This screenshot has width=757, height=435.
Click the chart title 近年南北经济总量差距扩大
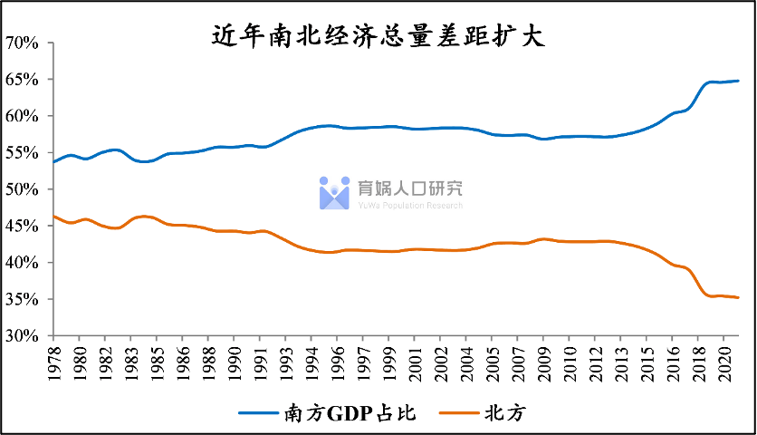378,36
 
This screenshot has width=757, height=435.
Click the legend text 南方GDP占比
361,413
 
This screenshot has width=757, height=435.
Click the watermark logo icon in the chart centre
334,192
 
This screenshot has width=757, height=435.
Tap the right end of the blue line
738,81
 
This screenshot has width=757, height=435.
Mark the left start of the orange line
53,216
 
